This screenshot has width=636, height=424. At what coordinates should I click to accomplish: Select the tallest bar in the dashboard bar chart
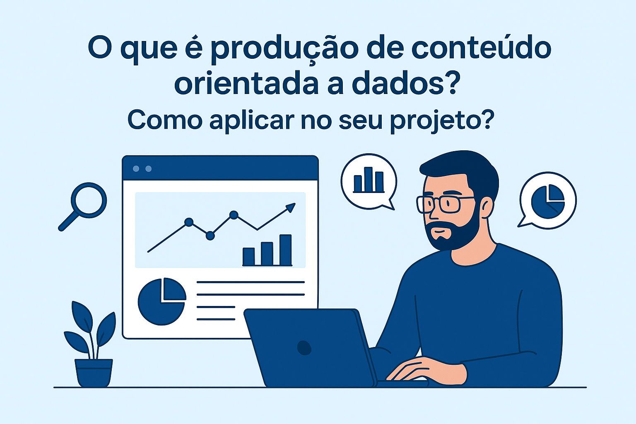coord(286,250)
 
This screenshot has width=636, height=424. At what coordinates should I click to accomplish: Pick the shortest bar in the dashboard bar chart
coord(249,256)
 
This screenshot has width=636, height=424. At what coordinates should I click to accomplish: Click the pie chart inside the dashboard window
coord(162,301)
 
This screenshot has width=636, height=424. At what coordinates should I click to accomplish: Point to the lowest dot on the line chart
coord(210,236)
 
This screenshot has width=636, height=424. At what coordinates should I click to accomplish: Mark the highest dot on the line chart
coord(234,215)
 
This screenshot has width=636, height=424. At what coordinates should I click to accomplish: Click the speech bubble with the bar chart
coord(369,182)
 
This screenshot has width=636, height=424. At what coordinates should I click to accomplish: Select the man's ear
coord(487,207)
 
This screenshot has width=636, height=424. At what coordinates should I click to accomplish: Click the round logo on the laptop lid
coord(304,348)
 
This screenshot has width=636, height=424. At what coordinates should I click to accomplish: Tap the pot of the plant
coord(94,373)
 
